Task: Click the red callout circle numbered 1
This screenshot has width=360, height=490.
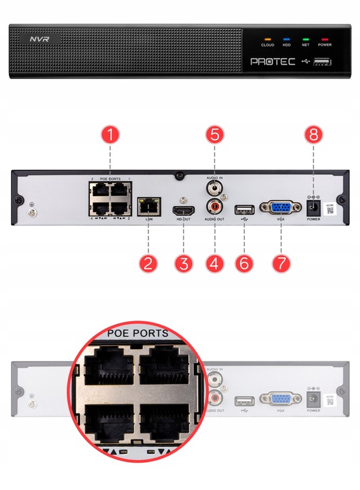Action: (x=111, y=134)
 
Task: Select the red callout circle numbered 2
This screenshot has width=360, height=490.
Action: (x=147, y=262)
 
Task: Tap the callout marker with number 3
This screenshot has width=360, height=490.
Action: (x=182, y=262)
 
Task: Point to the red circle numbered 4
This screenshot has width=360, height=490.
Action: (x=215, y=262)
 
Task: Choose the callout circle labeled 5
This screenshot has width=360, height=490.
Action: (x=215, y=134)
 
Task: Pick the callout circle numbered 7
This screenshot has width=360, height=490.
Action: (x=280, y=262)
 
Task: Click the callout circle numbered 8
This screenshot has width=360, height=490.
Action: (x=313, y=134)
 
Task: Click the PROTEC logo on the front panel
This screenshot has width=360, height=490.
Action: (x=273, y=61)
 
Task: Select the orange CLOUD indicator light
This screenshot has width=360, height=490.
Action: (x=267, y=38)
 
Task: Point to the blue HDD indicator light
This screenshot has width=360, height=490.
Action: (x=287, y=38)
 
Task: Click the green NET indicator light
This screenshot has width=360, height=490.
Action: (x=306, y=38)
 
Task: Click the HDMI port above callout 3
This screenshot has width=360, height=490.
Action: (x=182, y=208)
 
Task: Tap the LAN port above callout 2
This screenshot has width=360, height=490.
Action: (x=147, y=204)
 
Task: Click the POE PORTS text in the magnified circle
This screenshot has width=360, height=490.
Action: (x=138, y=334)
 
